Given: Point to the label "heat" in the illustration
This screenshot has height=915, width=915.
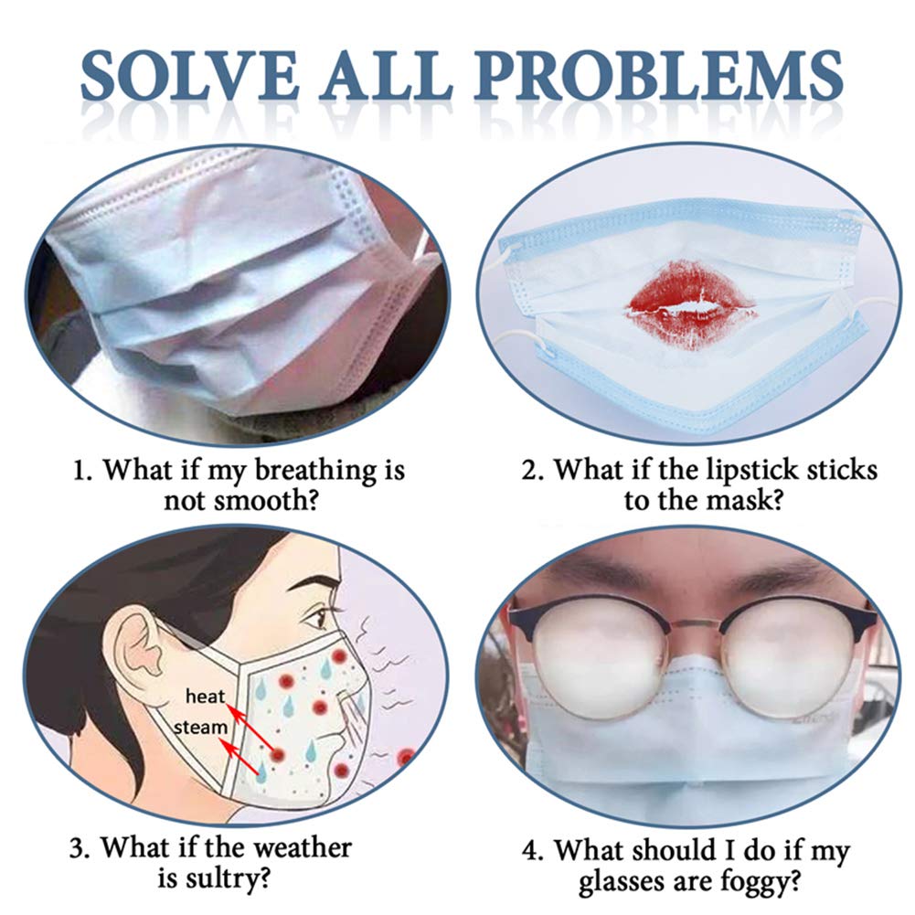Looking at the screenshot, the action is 205,697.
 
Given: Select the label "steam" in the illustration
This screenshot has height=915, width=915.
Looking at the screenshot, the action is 200,727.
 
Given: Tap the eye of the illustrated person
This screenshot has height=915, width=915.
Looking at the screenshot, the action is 317,617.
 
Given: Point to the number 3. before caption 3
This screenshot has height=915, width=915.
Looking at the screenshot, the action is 80,849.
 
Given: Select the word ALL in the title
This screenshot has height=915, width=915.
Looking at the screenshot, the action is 386,77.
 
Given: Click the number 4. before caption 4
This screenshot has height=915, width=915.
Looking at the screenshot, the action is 533,850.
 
